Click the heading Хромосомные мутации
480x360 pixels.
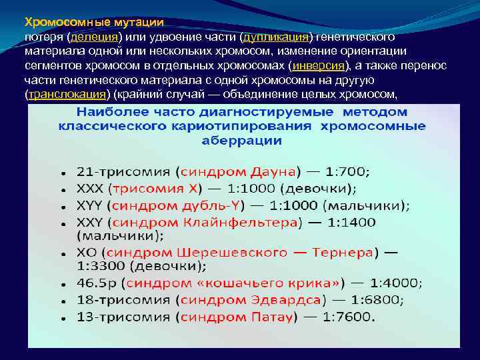(94, 22)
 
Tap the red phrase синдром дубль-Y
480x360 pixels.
(179, 205)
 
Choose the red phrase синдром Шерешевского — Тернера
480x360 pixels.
(239, 253)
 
